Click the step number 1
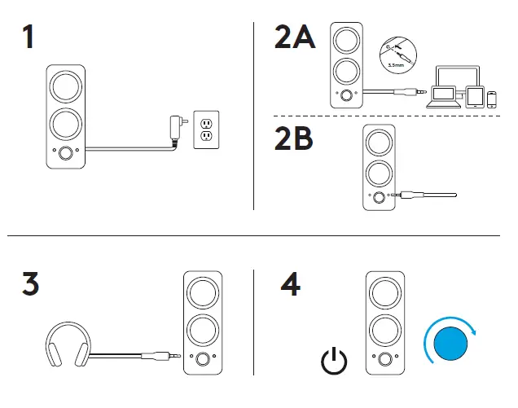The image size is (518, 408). pos(29,37)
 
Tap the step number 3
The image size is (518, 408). pos(29,285)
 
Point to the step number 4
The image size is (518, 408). pos(291,285)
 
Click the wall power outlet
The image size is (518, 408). pos(206,129)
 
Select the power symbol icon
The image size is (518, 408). pos(333,360)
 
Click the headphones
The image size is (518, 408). pos(67,345)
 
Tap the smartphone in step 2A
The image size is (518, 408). pos(491,99)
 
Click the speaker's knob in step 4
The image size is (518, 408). pos(383,359)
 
